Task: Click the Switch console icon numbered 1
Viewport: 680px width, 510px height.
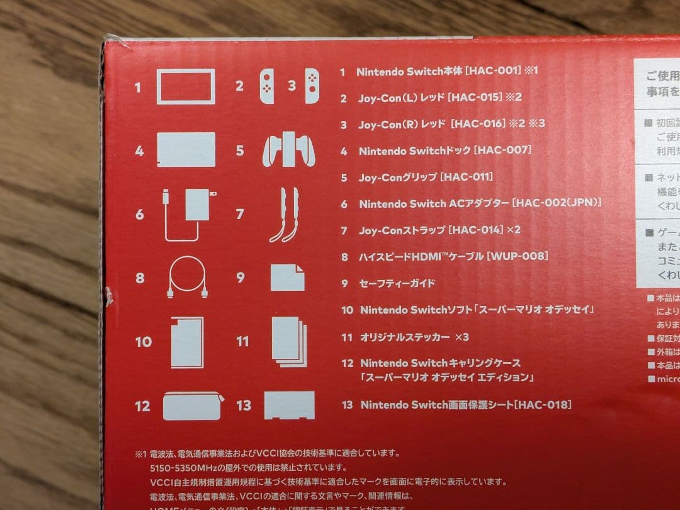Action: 186,86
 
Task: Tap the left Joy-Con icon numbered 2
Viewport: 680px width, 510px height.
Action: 267,86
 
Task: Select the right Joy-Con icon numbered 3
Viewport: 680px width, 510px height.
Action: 312,86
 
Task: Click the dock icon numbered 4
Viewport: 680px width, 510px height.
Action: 186,150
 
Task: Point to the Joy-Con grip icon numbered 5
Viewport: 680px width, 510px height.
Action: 289,150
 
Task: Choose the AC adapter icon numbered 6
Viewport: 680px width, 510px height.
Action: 188,213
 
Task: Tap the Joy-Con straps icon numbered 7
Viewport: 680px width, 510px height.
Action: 284,215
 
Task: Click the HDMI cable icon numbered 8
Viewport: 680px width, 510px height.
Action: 187,277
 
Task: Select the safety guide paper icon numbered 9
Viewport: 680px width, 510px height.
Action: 287,277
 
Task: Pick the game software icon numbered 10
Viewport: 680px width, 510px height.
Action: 187,342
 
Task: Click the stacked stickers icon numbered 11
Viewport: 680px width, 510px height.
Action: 289,341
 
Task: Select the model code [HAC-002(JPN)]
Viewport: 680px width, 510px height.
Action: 557,203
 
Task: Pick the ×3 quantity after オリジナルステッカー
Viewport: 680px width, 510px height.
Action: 462,337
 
